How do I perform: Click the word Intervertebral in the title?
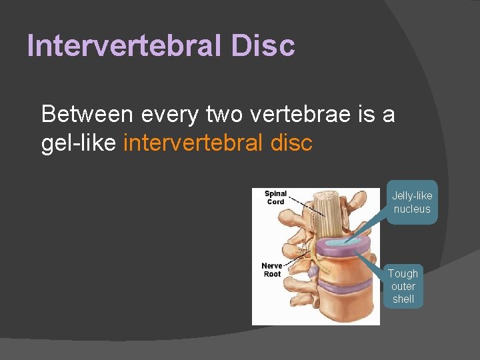tap(127, 45)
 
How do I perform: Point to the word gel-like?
tap(79, 143)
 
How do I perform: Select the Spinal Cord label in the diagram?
tap(275, 197)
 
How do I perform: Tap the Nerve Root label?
tap(272, 270)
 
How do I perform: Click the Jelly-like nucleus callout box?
tap(411, 202)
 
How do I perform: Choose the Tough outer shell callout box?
tap(403, 286)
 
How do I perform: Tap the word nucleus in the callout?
tap(411, 209)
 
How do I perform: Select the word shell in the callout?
tap(403, 299)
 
